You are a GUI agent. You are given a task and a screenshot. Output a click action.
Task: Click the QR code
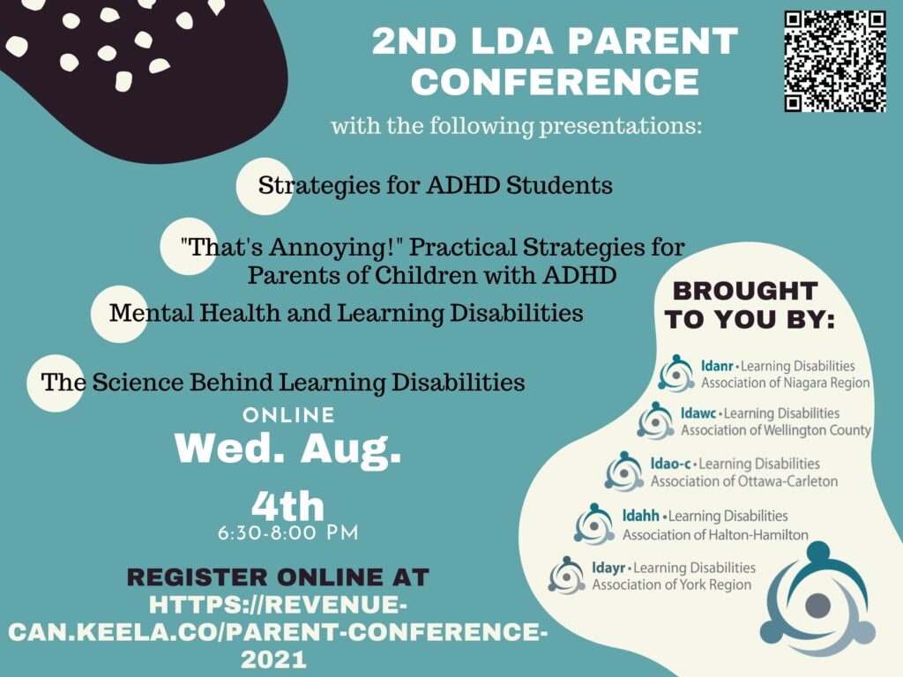coord(835,62)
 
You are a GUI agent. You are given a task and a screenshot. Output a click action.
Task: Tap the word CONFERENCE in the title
coord(556,81)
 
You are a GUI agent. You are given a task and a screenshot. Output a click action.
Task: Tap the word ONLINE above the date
coord(288,415)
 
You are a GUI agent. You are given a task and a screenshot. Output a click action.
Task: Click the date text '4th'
coord(288,506)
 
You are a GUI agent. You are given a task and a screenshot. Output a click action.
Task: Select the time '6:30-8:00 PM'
coord(288,533)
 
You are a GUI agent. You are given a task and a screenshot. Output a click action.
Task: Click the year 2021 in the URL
coord(273,659)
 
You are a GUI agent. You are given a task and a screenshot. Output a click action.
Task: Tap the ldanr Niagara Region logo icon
coord(676,374)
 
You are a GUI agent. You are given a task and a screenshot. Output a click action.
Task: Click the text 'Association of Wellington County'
coord(776,430)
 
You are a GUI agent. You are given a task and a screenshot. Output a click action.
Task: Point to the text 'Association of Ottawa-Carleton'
coord(744,480)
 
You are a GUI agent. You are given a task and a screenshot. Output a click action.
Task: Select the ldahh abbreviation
coord(640,515)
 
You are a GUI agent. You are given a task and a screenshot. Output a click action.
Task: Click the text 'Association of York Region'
coord(671,585)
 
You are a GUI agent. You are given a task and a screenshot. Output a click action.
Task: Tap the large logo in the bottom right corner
coord(817,599)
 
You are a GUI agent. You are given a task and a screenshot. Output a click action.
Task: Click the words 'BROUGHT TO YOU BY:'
coord(748,305)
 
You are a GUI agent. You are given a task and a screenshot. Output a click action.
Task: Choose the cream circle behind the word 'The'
coord(56,383)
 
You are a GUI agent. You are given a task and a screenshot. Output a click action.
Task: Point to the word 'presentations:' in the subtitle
coord(620,126)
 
